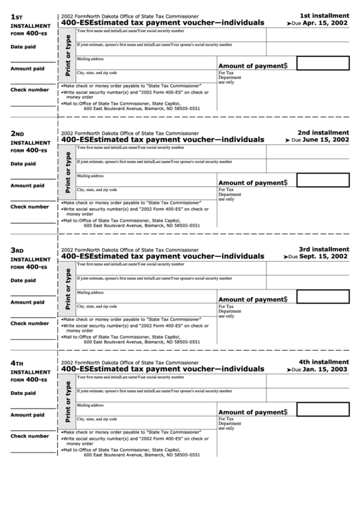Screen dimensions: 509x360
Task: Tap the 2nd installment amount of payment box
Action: (323, 181)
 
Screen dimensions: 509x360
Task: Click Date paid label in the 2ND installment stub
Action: (23, 164)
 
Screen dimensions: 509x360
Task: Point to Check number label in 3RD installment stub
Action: (29, 323)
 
